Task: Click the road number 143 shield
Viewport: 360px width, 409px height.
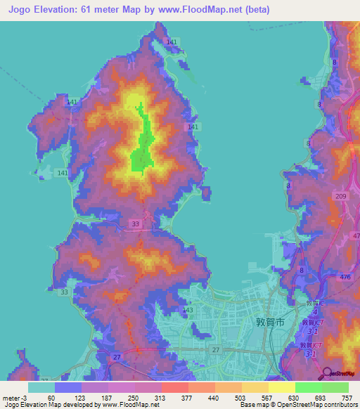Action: pos(188,309)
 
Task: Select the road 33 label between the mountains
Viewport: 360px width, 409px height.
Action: pos(135,223)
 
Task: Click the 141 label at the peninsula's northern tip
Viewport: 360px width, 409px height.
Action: pos(172,43)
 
